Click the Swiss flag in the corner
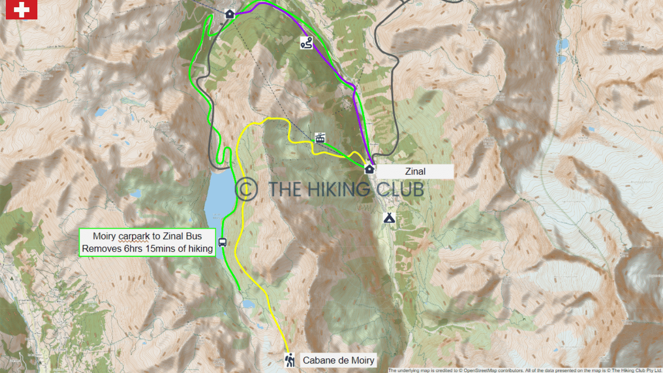point(21,10)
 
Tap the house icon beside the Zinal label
point(369,170)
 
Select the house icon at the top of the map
point(230,14)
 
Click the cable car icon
point(320,137)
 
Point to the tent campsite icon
point(388,218)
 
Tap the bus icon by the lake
point(222,242)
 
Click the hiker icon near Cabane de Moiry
point(290,360)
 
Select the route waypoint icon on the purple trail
point(306,44)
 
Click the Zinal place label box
point(415,171)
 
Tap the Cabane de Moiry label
point(339,360)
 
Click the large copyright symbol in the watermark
point(247,188)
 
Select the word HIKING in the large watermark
point(343,189)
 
